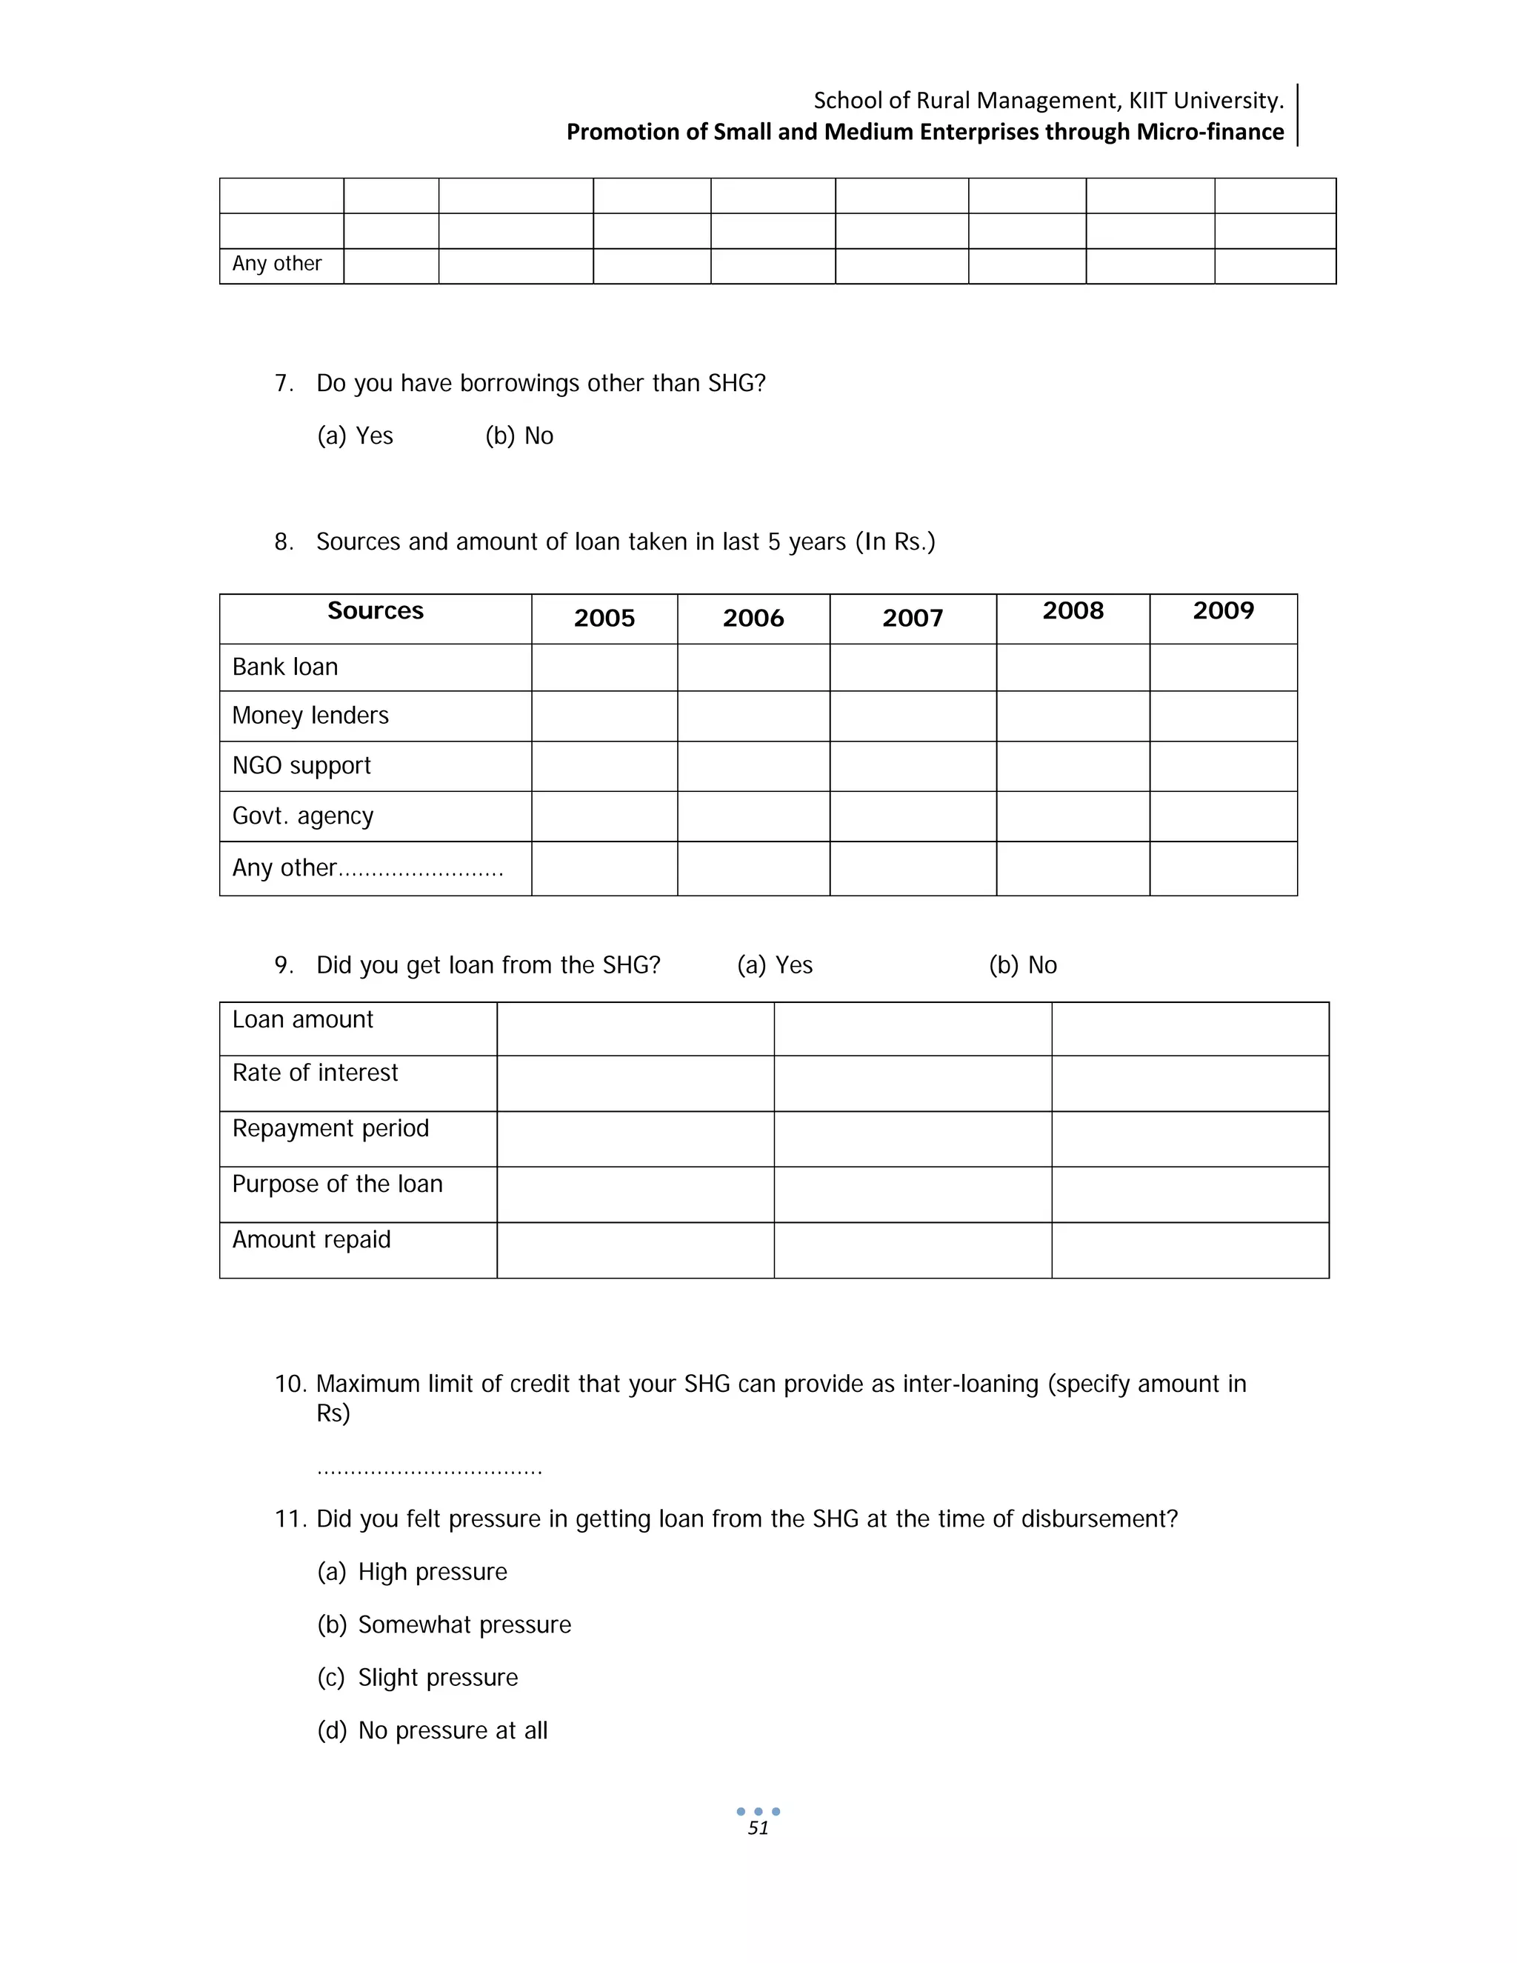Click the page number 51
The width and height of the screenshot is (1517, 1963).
pos(758,1827)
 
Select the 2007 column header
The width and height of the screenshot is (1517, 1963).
pos(912,619)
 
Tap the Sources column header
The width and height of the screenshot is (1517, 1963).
pos(375,611)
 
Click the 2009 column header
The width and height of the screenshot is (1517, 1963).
pos(1223,611)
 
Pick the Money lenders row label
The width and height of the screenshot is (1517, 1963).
pos(310,716)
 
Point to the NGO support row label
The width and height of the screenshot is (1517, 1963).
pos(301,766)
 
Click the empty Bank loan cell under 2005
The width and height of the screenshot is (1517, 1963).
pos(604,667)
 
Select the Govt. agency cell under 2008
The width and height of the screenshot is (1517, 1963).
pos(1072,816)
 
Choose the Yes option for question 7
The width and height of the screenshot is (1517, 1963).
pos(355,436)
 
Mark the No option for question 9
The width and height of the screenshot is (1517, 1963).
pos(1023,965)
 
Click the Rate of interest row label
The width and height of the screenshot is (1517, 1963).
pos(315,1073)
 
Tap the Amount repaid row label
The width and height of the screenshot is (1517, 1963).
pos(311,1240)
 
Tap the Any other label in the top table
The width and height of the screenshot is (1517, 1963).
pos(277,264)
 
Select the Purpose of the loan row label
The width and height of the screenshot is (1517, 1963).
pos(337,1184)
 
